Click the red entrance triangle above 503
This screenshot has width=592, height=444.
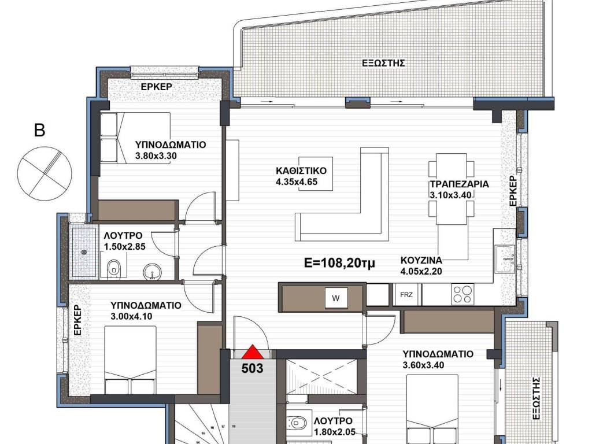[x=253, y=352]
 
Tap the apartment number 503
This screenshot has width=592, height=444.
[x=252, y=368]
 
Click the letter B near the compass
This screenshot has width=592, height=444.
[x=40, y=130]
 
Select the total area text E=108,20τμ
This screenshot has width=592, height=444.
[x=340, y=262]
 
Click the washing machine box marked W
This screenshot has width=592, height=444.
[x=336, y=298]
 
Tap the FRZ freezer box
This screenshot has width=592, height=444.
[x=406, y=294]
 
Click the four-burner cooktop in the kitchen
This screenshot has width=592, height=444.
[x=462, y=294]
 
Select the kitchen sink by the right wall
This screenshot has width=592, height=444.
[x=505, y=259]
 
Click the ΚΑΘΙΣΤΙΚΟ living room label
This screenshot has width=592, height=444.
[x=301, y=171]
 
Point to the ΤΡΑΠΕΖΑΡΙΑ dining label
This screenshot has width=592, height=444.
[x=460, y=184]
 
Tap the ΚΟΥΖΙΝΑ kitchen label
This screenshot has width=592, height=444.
[x=421, y=260]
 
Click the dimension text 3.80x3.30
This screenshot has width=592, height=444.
[x=156, y=156]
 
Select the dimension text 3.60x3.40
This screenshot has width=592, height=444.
[x=423, y=365]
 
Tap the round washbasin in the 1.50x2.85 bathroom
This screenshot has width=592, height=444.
[x=153, y=272]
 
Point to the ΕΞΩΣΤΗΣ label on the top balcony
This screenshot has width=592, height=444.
[x=383, y=63]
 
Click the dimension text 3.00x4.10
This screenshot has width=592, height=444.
[x=131, y=316]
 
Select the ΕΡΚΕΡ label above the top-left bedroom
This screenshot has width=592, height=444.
[x=157, y=87]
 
